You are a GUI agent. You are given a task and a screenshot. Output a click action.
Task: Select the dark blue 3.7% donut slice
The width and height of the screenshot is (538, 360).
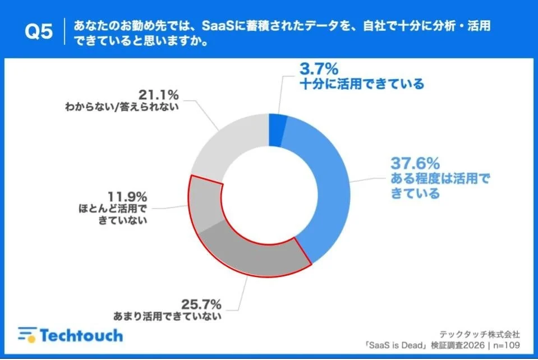277,130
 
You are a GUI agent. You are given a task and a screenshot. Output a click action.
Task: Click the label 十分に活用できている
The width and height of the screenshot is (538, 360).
360,85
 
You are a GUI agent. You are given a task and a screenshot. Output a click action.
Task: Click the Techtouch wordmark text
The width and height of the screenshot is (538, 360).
81,335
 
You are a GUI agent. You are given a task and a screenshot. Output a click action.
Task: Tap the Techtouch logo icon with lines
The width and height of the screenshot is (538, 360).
26,335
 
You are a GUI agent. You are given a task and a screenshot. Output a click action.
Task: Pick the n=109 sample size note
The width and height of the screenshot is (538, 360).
509,343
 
